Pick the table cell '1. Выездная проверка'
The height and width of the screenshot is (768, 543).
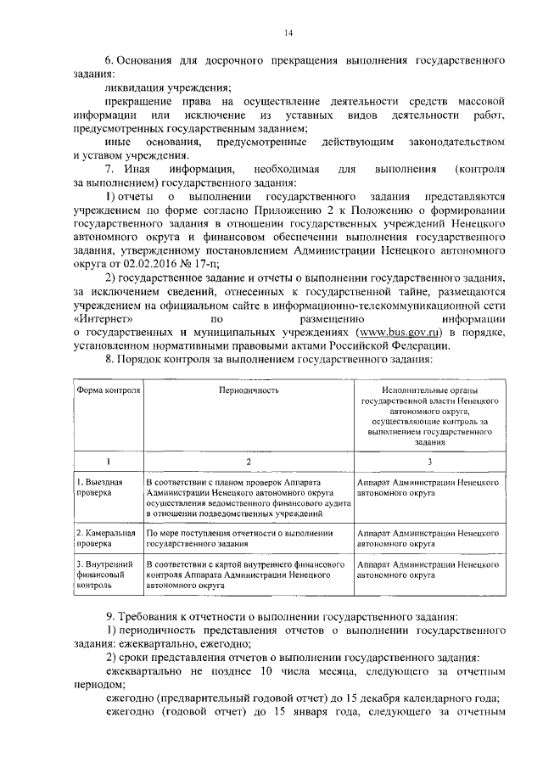tap(93, 486)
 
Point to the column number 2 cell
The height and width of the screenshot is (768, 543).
tap(248, 461)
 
